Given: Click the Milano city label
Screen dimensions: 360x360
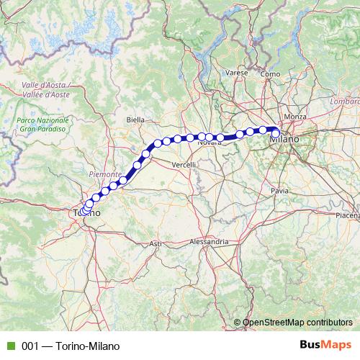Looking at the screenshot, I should click(284, 140).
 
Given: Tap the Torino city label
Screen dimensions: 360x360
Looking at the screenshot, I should click(86, 214).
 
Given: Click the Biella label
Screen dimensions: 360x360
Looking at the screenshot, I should click(135, 119).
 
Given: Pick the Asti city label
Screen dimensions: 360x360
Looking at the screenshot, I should click(156, 245).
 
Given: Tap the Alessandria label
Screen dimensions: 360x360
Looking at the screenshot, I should click(209, 243).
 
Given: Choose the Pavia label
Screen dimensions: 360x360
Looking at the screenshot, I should click(279, 191).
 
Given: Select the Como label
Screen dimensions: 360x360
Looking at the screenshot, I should click(271, 73).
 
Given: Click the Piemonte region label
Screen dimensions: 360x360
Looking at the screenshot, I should click(102, 174).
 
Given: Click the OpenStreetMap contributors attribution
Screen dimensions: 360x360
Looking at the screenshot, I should click(296, 323).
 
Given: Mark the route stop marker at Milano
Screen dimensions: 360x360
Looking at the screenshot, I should click(275, 132).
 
